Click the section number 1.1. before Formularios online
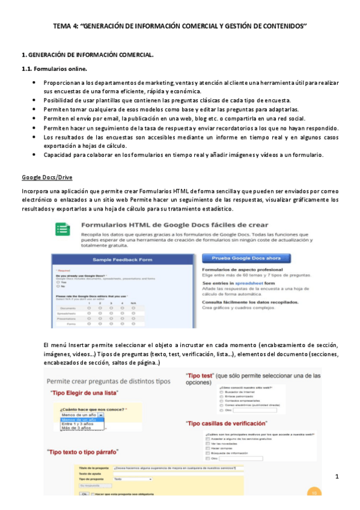(28, 69)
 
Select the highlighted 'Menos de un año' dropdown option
(78, 419)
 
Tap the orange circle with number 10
(312, 493)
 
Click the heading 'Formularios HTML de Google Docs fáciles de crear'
(174, 226)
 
